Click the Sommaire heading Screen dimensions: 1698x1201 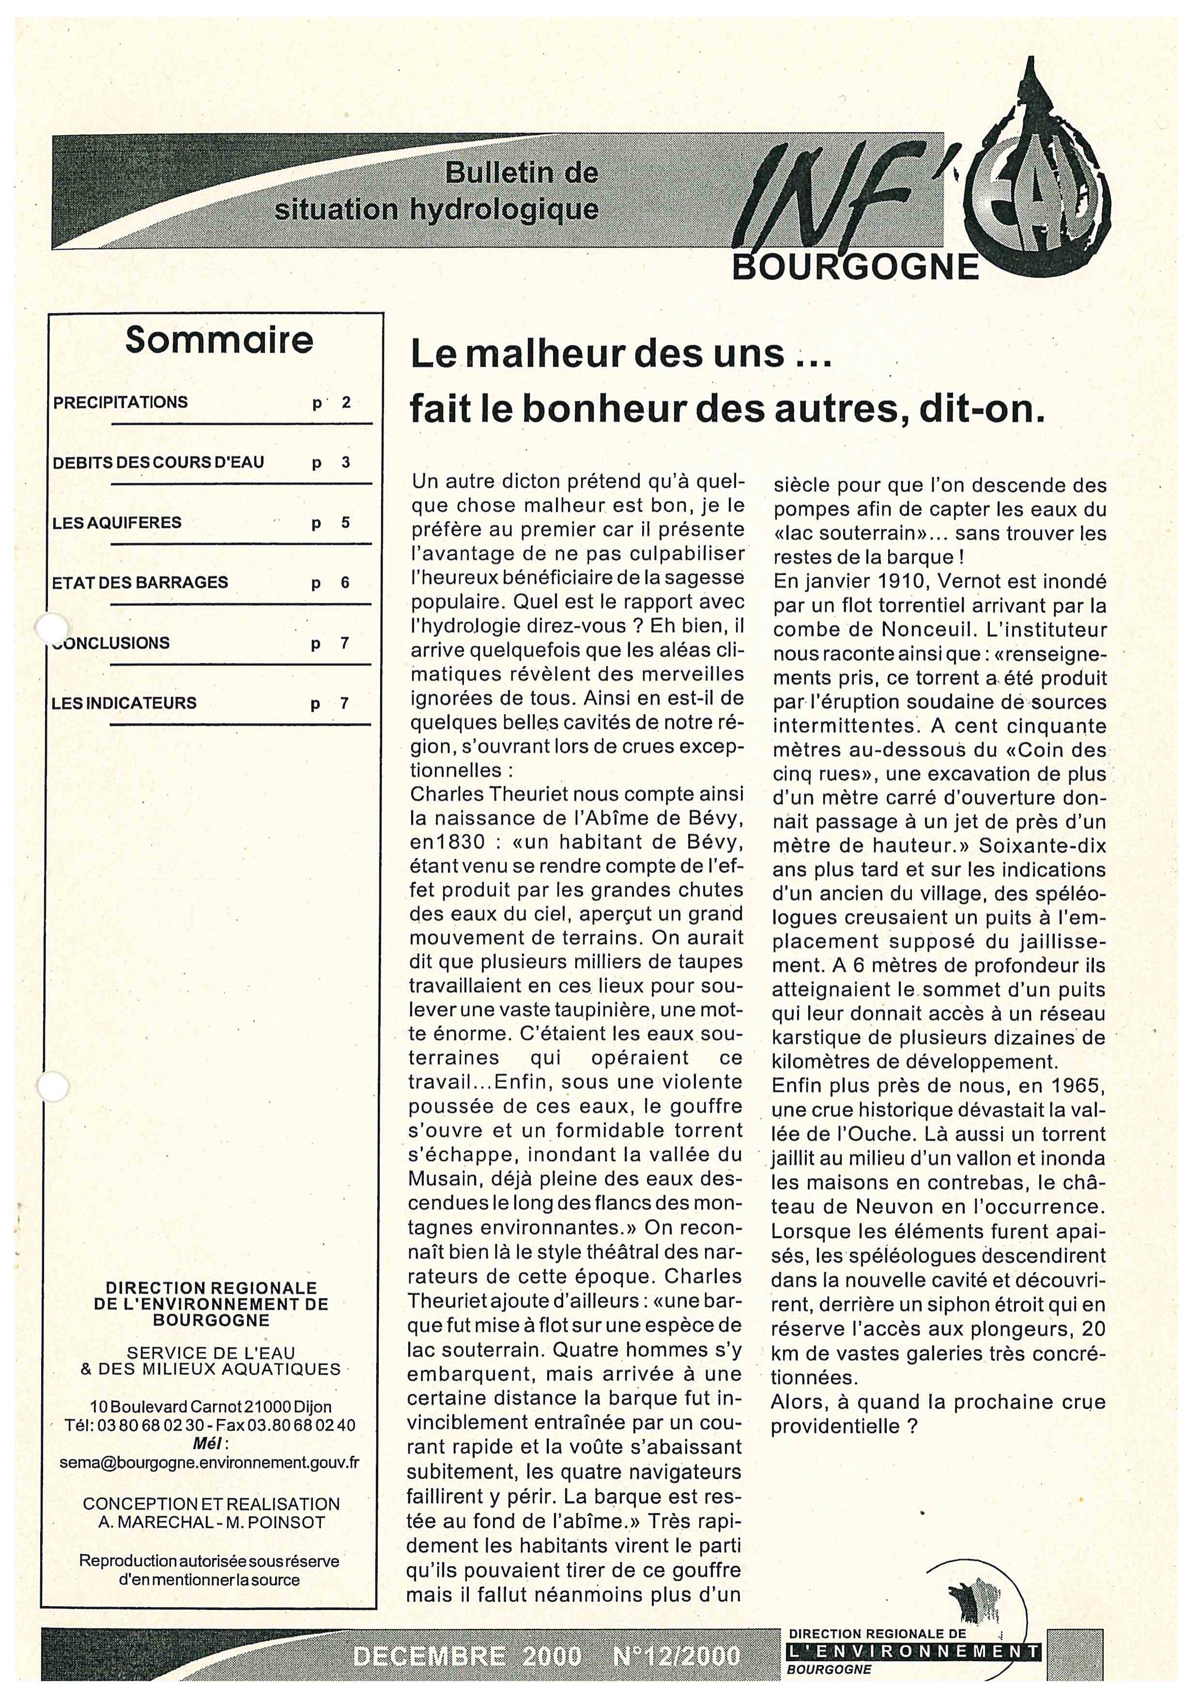click(x=219, y=341)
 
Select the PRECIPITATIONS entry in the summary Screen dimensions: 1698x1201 click(x=121, y=402)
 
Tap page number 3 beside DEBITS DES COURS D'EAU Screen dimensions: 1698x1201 click(x=345, y=463)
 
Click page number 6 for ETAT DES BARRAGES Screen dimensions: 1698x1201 click(x=345, y=583)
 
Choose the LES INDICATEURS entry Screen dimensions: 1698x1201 click(x=124, y=703)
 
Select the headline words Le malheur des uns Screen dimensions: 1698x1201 click(x=598, y=356)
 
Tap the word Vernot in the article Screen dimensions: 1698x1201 click(x=955, y=581)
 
